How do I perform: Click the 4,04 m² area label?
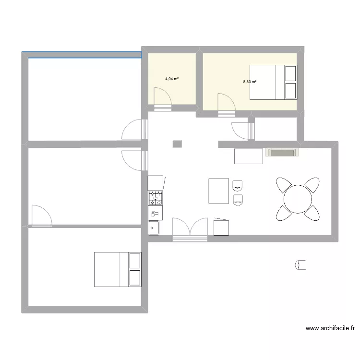172,79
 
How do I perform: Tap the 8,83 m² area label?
250,82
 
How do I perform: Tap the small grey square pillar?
177,144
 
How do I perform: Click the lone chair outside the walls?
301,264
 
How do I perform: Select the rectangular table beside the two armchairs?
219,191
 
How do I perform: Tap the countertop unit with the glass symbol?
156,213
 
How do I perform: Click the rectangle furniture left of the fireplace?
248,156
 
